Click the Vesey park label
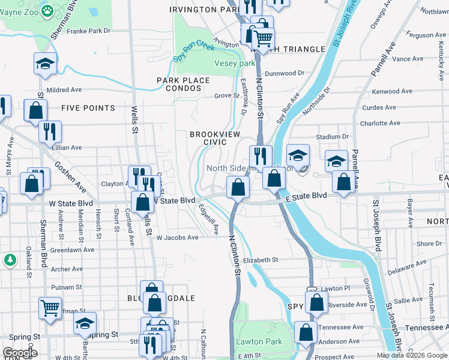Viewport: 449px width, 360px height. (235, 64)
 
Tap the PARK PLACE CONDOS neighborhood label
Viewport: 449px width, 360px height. (184, 84)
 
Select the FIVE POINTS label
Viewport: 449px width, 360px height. (88, 108)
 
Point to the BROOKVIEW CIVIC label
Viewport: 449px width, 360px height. (208, 139)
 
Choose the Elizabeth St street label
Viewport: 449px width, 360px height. (261, 260)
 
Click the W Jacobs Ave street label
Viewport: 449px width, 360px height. (177, 238)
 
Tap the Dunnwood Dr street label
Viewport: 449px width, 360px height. (285, 73)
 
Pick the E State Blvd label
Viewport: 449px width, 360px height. (307, 196)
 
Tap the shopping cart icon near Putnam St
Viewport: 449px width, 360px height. (50, 308)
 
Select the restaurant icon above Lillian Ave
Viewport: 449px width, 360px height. (50, 131)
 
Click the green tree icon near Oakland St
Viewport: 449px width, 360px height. (10, 260)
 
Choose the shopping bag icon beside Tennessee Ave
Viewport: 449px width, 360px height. (306, 332)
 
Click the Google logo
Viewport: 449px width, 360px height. (19, 353)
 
